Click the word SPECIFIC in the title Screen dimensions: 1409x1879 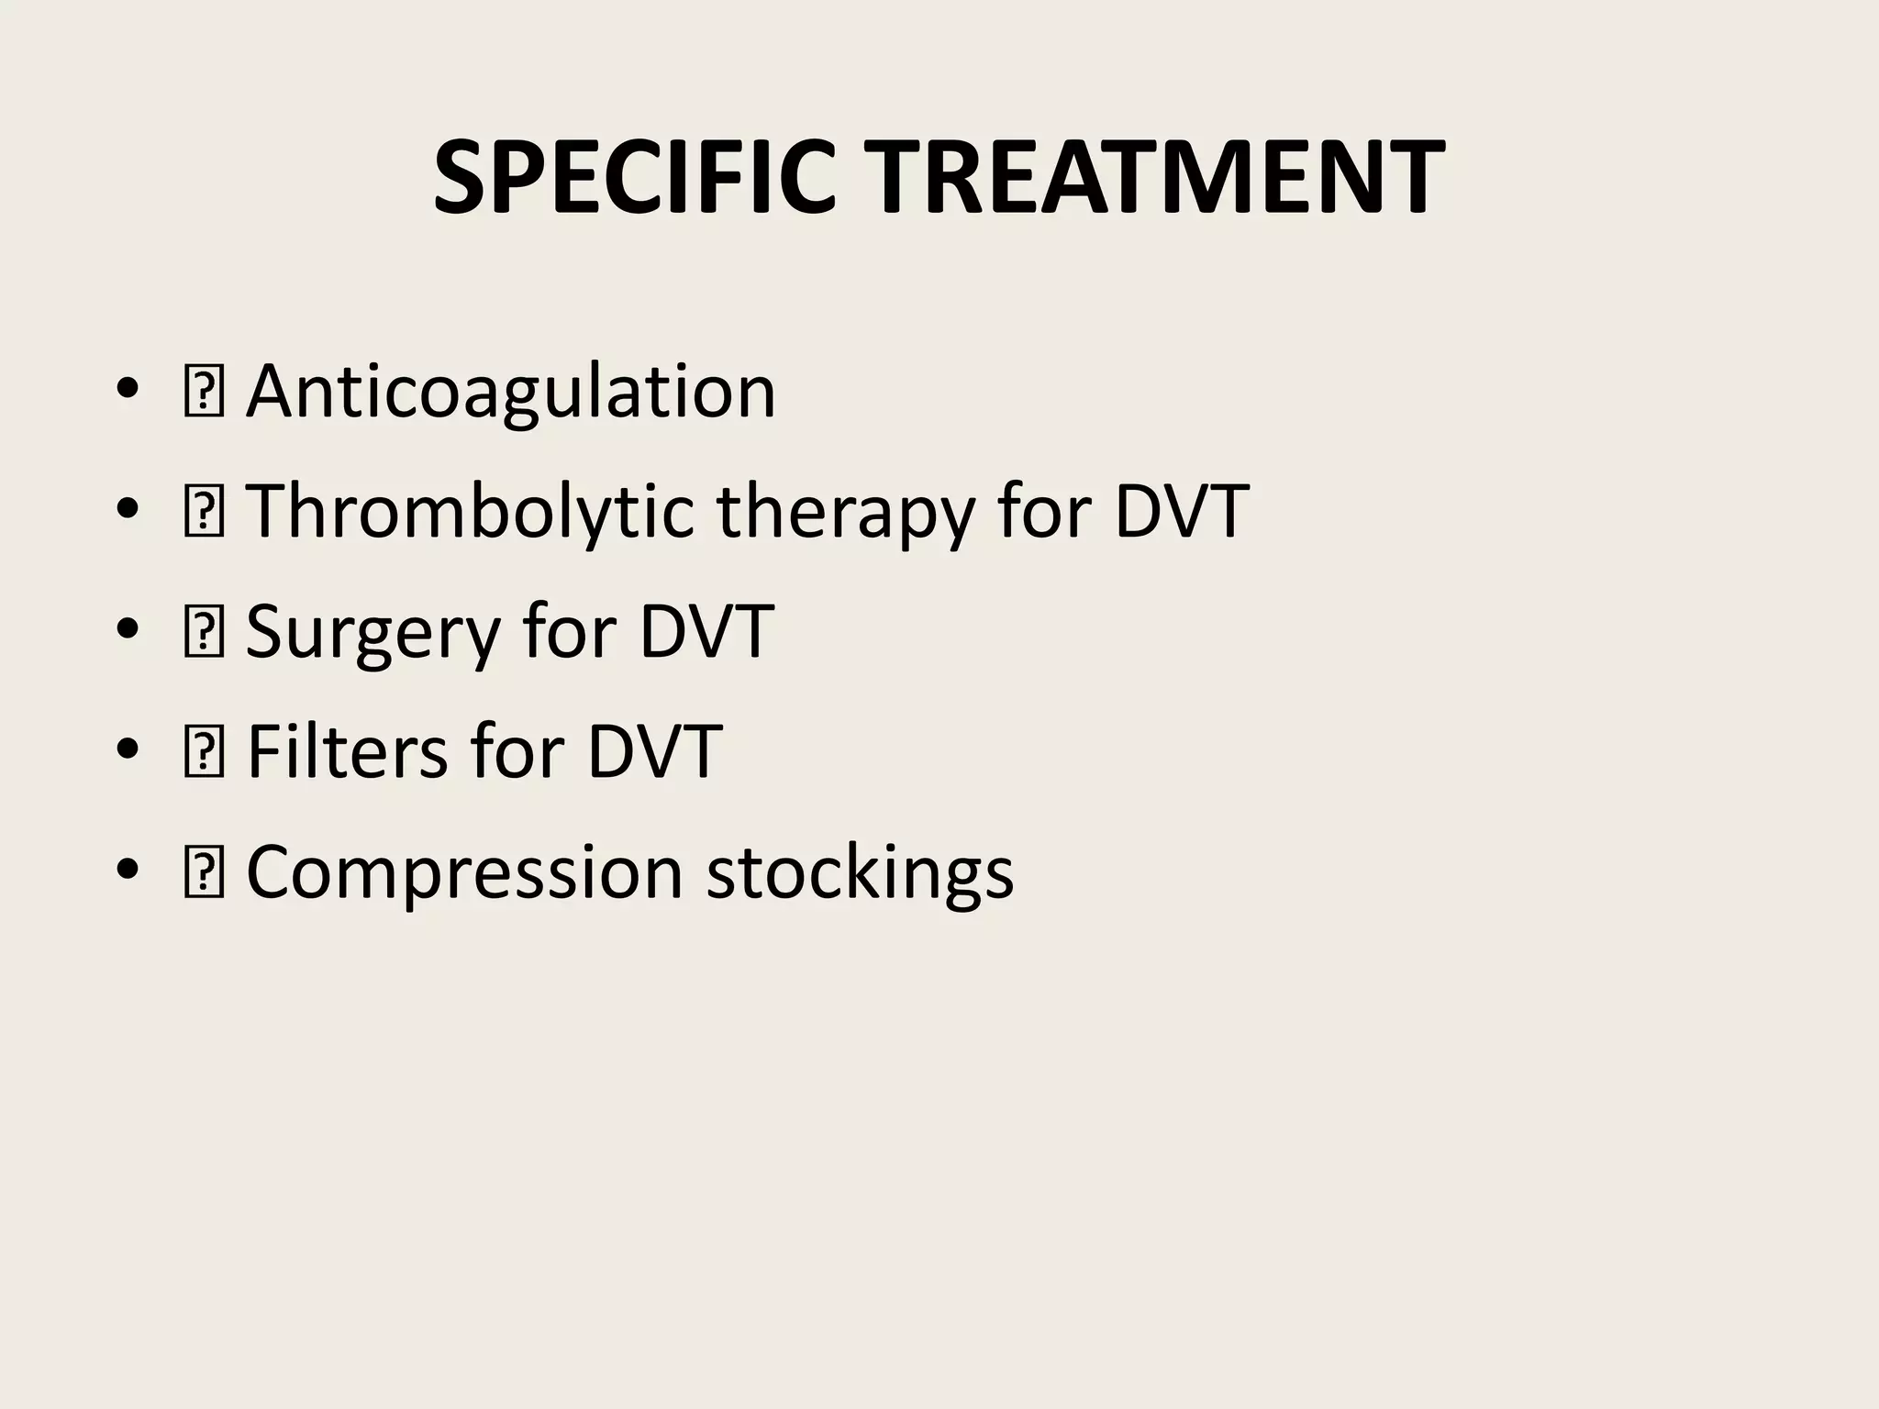634,177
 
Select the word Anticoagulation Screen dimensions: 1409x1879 511,393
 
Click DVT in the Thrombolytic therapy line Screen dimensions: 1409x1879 1182,511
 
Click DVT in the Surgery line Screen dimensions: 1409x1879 706,631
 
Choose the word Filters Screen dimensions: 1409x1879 347,751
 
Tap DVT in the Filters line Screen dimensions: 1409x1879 654,751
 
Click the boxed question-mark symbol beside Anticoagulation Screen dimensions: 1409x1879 203,393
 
